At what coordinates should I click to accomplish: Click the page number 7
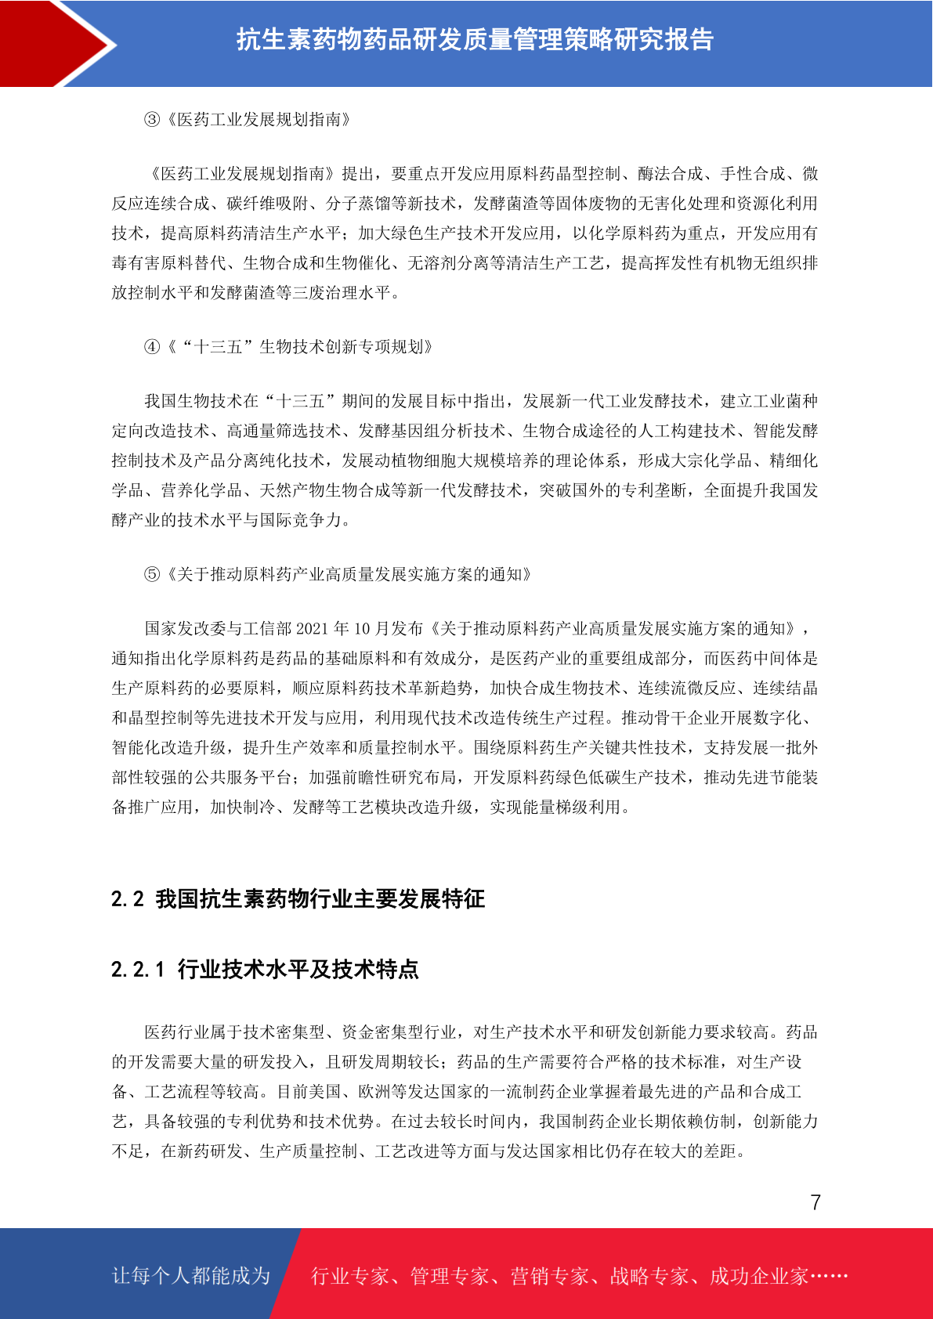coord(815,1202)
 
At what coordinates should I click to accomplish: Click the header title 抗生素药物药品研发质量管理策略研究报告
coord(475,39)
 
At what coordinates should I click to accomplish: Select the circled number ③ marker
coord(152,120)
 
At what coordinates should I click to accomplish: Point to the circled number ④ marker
coord(152,347)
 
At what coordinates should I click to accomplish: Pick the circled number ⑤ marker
coord(152,575)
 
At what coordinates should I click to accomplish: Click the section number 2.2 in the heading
coord(128,899)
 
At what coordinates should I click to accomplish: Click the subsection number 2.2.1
coord(138,970)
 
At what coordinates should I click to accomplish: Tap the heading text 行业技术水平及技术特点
coord(298,970)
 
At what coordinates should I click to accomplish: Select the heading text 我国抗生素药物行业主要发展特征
coord(320,899)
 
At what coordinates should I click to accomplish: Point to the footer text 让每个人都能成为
coord(191,1276)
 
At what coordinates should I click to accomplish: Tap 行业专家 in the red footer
coord(350,1277)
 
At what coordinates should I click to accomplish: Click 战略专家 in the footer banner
coord(649,1277)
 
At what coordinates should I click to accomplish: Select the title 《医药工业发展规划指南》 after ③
coord(259,120)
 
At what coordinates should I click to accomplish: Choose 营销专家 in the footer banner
coord(549,1277)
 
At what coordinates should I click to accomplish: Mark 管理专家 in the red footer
coord(450,1277)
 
